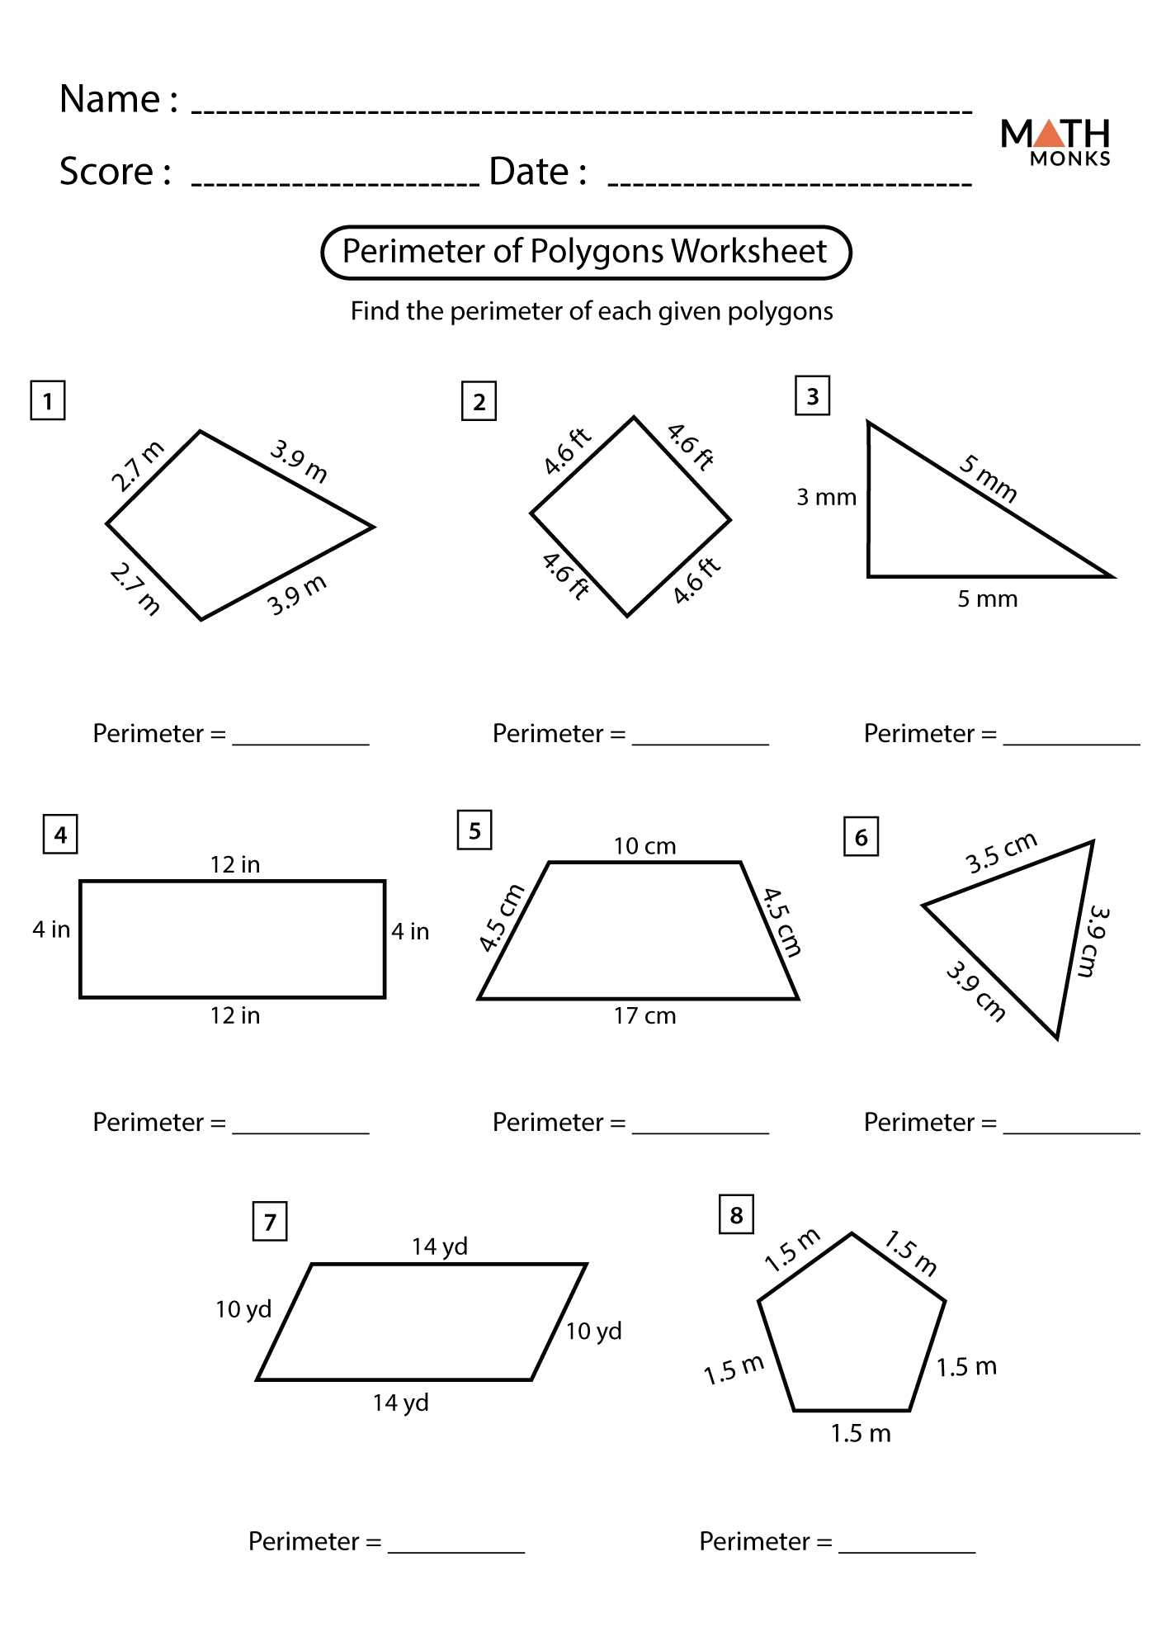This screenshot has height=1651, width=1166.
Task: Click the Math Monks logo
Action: coord(1055,143)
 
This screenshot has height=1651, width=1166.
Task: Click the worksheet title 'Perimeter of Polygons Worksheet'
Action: coord(584,252)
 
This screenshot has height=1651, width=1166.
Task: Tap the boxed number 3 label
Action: coord(812,396)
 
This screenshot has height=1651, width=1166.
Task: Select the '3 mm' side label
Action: coord(826,498)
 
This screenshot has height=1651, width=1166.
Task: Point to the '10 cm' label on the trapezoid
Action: coord(644,846)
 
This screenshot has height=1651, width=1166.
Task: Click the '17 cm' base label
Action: coord(644,1016)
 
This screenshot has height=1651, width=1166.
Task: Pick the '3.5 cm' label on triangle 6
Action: coord(1000,854)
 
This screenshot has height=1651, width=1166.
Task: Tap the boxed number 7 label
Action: coord(270,1222)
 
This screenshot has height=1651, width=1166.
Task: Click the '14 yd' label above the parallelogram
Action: coord(440,1247)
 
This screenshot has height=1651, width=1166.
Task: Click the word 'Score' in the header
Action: coord(106,172)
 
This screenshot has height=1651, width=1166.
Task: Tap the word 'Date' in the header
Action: coord(528,172)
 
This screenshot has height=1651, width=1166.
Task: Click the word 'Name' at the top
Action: coord(110,99)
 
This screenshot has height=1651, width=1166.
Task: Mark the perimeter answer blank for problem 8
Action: coord(906,1544)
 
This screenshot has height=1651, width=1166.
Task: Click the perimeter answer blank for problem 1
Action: coord(300,735)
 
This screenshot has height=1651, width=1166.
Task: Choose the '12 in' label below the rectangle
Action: coord(234,1015)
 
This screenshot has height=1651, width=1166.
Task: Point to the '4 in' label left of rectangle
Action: coord(51,930)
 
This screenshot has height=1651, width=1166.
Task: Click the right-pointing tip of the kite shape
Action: coord(373,526)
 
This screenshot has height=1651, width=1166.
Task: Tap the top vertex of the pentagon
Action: coord(852,1234)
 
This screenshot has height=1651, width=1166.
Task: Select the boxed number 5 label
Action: coord(474,830)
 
